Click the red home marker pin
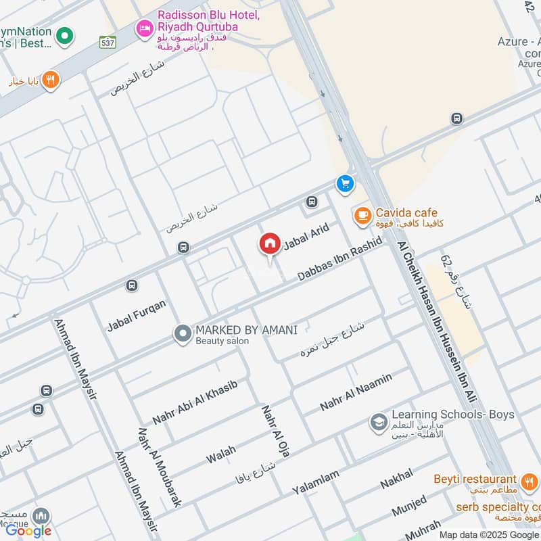tap(269, 243)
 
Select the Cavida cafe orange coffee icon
tap(362, 216)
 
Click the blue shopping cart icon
tap(345, 183)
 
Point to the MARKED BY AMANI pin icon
tap(182, 334)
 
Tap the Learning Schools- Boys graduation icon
tap(378, 423)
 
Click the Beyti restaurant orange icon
tap(529, 482)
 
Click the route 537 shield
tap(108, 41)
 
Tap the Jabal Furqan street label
tap(136, 316)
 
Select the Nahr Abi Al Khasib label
tap(195, 402)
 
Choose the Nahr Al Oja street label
tap(276, 431)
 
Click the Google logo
tap(28, 531)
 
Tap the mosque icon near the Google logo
tap(41, 516)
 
